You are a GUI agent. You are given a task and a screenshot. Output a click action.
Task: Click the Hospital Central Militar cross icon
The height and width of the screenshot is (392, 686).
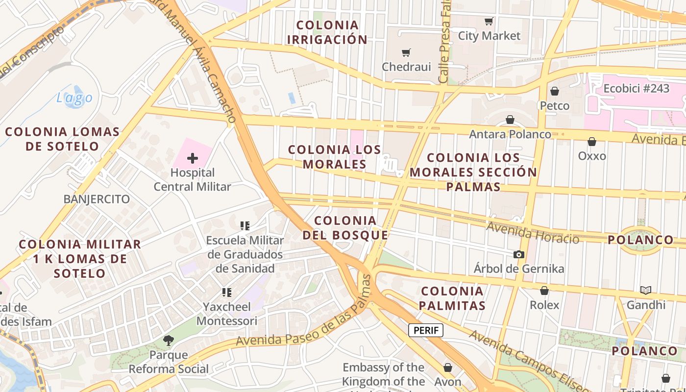[193, 158]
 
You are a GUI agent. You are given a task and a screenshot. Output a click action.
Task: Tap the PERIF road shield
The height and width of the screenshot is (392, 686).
[425, 330]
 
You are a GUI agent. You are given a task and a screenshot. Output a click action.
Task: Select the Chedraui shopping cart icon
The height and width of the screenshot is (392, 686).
[406, 52]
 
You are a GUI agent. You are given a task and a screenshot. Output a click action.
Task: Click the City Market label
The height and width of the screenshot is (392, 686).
[489, 36]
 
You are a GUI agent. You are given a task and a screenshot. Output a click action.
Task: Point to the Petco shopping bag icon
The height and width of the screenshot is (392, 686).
[555, 91]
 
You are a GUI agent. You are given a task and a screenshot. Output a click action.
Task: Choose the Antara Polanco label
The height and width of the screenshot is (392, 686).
[510, 134]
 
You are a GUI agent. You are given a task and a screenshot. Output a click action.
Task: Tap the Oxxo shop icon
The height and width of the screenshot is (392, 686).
[592, 142]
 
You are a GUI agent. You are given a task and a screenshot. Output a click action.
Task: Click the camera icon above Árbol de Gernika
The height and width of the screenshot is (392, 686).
[518, 254]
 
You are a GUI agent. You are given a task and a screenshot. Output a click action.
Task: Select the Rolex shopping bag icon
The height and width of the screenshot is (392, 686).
[544, 291]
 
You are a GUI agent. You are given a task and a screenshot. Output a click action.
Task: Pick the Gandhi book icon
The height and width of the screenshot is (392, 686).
[646, 291]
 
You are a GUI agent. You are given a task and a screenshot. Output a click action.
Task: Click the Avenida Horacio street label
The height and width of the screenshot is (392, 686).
[533, 233]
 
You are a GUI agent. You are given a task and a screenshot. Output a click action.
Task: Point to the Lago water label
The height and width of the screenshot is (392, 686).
[74, 98]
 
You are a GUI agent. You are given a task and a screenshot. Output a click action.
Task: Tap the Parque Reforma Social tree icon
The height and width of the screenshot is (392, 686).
[169, 340]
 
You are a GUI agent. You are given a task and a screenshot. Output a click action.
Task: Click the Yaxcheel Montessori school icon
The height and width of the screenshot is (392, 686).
[226, 293]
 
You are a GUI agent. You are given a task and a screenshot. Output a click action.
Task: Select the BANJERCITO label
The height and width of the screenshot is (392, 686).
[97, 199]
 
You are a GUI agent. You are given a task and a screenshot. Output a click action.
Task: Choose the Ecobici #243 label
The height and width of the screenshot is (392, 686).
[636, 89]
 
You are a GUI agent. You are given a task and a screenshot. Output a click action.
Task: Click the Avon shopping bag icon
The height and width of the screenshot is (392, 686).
[448, 367]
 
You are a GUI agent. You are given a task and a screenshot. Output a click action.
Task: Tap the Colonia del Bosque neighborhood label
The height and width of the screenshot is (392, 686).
[345, 228]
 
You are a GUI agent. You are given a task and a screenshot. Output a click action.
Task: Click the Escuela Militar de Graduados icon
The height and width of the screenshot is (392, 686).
[245, 226]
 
